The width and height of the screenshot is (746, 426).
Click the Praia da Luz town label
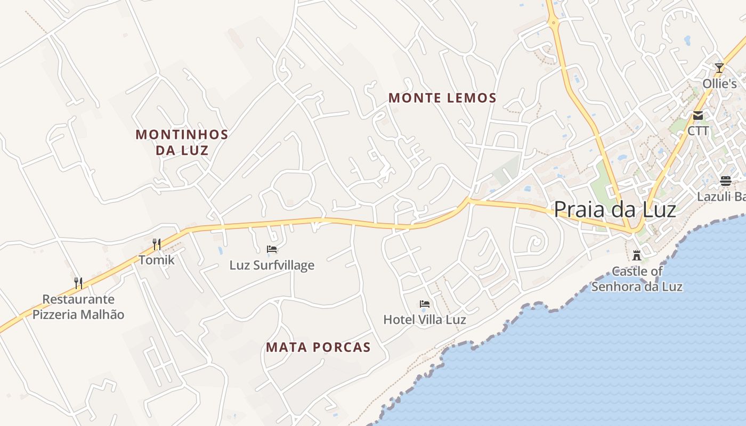pos(615,210)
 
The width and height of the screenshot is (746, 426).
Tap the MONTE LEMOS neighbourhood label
pos(442,98)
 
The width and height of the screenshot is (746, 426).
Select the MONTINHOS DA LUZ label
pos(182,142)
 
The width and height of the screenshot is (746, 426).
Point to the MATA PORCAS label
pos(318,348)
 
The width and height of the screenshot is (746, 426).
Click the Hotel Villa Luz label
pos(425,319)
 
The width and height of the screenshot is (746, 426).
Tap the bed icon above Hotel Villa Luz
pos(425,304)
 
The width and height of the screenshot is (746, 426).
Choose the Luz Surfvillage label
pos(272,265)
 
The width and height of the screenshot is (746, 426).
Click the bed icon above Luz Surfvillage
pos(272,249)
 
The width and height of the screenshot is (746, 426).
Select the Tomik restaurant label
pos(157,260)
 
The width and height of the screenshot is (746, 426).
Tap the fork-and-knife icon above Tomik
pos(157,244)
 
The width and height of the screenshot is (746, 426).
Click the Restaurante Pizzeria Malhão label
pos(78,307)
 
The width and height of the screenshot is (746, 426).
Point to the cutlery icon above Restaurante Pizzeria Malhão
pos(78,282)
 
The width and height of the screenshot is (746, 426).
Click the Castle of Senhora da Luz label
pos(637,279)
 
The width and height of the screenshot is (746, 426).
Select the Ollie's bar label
pos(719,84)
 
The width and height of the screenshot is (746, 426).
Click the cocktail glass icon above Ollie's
pos(719,68)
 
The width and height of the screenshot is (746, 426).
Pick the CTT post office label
pos(698,131)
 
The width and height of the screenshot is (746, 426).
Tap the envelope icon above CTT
pos(698,115)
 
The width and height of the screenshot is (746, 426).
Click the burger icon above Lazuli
pos(726,181)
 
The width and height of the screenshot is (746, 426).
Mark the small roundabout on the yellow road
pos(554,22)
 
